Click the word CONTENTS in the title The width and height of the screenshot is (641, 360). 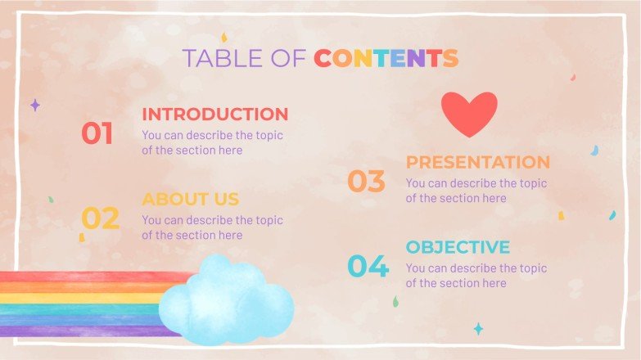point(386,58)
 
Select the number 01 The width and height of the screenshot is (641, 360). point(97,133)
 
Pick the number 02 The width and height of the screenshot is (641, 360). point(100,218)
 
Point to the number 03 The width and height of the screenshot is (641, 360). point(366,182)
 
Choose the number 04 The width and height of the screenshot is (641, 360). point(367,267)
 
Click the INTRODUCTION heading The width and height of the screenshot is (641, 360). point(214,114)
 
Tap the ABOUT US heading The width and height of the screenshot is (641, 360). point(190,199)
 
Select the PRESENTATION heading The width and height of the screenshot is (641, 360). point(478,162)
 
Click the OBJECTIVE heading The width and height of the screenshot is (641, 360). point(458,247)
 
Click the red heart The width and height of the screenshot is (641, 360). point(469,113)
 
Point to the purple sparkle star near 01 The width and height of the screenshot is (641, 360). point(35,106)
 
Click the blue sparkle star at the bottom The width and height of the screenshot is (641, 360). point(478,328)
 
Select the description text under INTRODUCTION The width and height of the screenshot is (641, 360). point(212,142)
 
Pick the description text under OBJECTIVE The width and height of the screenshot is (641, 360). point(476,276)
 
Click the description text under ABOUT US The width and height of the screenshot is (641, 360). point(212,227)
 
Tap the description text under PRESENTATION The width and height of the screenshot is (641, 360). point(476,191)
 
